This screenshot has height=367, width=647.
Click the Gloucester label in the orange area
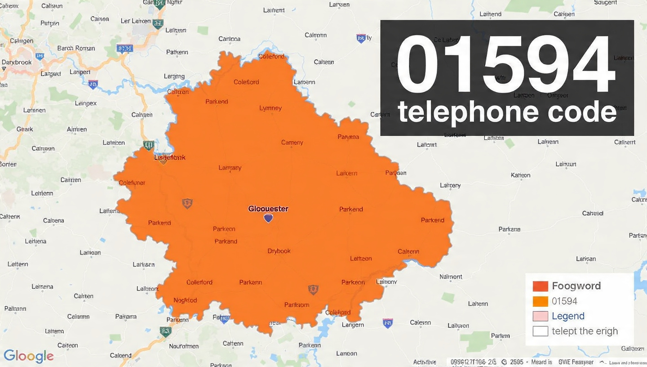coord(268,209)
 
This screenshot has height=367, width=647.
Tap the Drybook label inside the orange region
coord(279,251)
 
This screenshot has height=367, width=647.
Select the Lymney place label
coord(270,108)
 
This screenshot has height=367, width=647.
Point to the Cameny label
coord(292,143)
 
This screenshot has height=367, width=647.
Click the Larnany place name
coord(230,168)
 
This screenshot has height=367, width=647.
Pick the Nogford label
coord(185,300)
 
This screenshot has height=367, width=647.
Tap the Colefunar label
coord(132,183)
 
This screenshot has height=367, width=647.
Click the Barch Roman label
coord(76,48)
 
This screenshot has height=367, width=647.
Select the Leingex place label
coord(86,103)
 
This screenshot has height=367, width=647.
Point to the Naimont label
coord(451,277)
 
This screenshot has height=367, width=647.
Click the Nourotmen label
coord(184,346)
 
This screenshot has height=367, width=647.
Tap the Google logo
coord(28,356)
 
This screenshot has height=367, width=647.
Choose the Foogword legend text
coord(576,286)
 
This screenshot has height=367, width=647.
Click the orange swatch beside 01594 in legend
coord(540,301)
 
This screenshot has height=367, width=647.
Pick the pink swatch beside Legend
coord(540,316)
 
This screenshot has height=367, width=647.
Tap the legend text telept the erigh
coord(585,331)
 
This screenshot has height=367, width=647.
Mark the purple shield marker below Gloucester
coord(268,218)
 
